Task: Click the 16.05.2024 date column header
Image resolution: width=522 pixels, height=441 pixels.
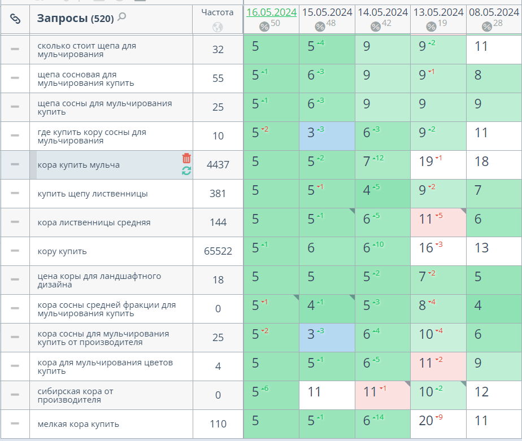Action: [271, 12]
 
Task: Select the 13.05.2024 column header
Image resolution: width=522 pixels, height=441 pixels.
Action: [438, 12]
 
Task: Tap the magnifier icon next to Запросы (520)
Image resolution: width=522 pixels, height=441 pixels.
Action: [121, 18]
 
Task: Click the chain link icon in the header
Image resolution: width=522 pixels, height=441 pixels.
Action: [15, 19]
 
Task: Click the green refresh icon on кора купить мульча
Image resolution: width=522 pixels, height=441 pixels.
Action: [186, 171]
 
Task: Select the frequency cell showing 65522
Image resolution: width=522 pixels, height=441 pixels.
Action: [218, 251]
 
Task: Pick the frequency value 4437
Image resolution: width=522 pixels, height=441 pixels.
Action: [218, 165]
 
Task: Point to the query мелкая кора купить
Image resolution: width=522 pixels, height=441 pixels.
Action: [78, 424]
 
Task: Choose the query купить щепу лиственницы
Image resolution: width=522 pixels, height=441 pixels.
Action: [93, 194]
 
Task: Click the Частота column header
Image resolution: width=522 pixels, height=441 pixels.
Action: [217, 12]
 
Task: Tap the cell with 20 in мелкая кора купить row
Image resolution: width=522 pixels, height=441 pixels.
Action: [427, 421]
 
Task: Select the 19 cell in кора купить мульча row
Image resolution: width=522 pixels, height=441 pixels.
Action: [427, 161]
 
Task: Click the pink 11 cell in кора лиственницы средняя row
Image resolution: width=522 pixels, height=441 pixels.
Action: [427, 219]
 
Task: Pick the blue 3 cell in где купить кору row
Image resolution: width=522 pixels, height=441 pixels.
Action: [311, 133]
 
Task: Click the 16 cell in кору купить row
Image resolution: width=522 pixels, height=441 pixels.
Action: [427, 248]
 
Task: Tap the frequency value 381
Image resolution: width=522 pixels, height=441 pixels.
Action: [218, 194]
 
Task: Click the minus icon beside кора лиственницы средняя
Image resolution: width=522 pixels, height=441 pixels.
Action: [15, 222]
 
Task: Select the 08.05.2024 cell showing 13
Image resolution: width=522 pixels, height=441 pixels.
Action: [481, 248]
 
